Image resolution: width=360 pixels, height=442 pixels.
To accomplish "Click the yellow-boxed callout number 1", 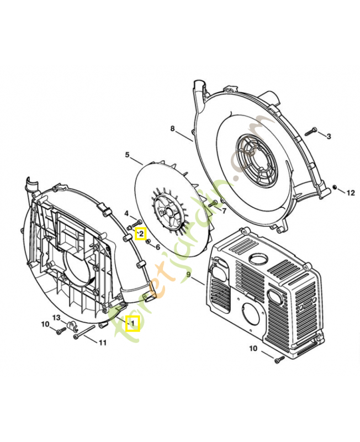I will point(133,323).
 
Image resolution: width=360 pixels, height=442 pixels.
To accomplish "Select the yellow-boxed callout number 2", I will point(141,234).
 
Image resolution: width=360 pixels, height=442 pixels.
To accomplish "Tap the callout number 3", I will point(329,136).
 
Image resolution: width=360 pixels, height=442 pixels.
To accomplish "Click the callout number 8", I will point(172,129).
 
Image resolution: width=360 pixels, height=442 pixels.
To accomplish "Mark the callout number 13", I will point(56,317).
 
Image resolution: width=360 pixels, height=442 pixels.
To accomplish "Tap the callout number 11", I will point(102,343).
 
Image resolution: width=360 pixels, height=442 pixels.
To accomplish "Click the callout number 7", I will point(224,210).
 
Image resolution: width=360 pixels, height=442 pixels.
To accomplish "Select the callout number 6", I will point(157,247).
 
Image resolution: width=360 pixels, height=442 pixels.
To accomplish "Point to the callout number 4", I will point(126,214).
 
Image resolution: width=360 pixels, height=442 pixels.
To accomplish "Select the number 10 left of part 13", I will point(45,324).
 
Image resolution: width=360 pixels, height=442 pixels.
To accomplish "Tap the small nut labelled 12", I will point(336,188).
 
